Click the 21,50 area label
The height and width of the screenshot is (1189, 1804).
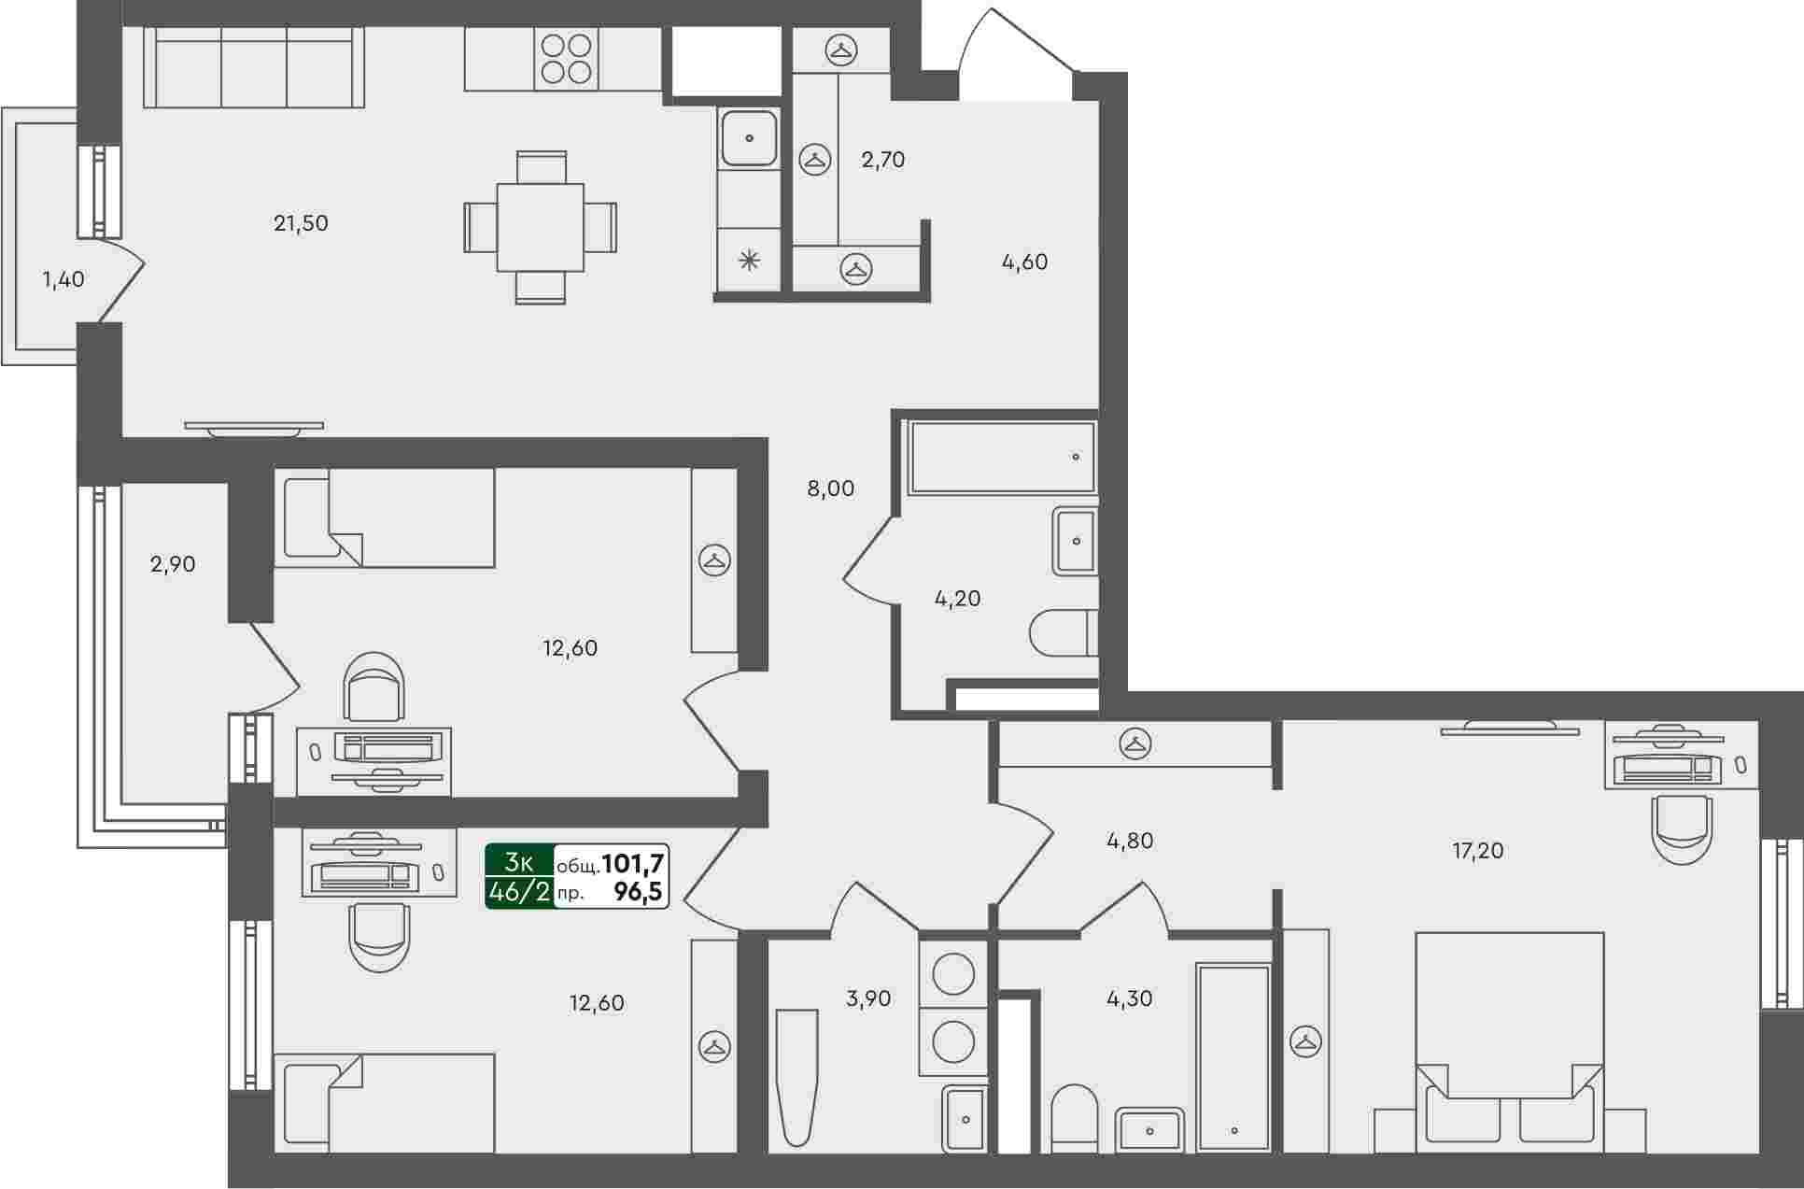coord(301,223)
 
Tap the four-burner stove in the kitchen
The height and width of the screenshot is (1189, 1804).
coord(567,59)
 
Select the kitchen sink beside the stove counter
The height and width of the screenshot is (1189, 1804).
coord(748,137)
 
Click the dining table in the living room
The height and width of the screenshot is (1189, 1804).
coord(541,227)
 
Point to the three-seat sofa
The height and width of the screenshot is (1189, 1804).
coord(254,67)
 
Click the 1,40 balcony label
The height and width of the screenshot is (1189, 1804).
coord(63,279)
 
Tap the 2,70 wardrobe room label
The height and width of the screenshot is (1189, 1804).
coord(883,160)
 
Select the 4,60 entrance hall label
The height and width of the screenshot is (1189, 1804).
coord(1024,262)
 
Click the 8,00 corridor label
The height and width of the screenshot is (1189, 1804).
coord(830,488)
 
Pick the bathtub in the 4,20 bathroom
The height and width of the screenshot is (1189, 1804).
coord(1002,457)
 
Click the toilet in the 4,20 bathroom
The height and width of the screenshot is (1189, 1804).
coord(1064,633)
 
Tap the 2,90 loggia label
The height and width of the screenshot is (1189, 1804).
coord(173,564)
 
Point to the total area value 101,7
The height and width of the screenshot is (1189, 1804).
coord(633,863)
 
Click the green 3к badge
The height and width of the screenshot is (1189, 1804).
coord(519,861)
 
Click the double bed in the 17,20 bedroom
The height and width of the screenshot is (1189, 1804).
coord(1509,1037)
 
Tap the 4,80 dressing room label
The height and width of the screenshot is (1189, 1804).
coord(1130,841)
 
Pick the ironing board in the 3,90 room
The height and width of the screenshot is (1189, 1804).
coord(796,1077)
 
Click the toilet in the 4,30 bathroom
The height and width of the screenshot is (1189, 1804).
coord(1075,1118)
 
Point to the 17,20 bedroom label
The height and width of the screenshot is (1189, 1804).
coord(1478,851)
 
